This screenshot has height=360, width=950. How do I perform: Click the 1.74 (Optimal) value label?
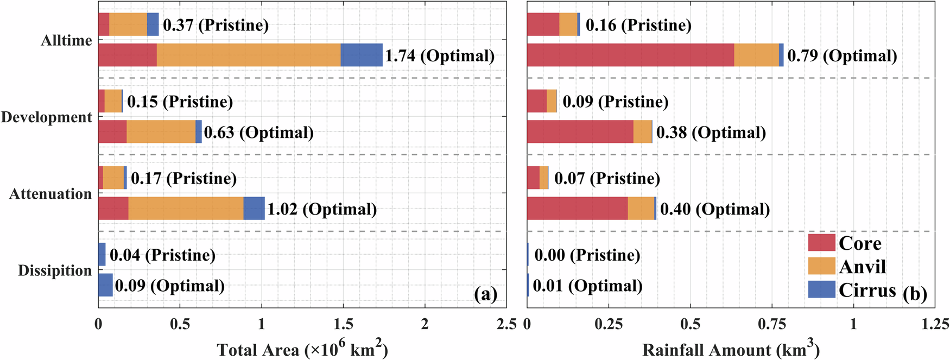[440, 55]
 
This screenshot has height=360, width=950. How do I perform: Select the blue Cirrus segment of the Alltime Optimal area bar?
[361, 55]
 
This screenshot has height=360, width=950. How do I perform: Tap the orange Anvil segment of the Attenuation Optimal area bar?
[186, 209]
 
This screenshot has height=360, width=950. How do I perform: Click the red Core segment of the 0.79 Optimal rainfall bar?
[630, 55]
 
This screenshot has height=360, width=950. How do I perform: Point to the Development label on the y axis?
[47, 117]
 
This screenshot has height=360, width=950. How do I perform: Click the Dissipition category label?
[55, 270]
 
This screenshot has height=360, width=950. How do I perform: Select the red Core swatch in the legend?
[821, 243]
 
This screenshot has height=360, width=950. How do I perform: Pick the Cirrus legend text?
[867, 290]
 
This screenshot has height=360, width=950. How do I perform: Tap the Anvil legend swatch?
[821, 266]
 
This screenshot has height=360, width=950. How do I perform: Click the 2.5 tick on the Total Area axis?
[506, 324]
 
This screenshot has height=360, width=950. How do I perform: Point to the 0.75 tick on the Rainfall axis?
[771, 324]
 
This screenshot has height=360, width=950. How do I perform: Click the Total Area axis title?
[302, 349]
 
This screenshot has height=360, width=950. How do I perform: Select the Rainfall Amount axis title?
[731, 349]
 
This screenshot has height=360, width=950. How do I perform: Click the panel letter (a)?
[485, 294]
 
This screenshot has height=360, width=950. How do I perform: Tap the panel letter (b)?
[915, 294]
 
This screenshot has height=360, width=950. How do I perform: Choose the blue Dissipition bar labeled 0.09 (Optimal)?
[105, 285]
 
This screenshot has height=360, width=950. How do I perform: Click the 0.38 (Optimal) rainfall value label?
[711, 132]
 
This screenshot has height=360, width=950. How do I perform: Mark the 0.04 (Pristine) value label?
[162, 255]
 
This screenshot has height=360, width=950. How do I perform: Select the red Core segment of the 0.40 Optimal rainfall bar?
[577, 209]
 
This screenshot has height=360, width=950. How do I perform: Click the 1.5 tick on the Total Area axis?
[344, 324]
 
